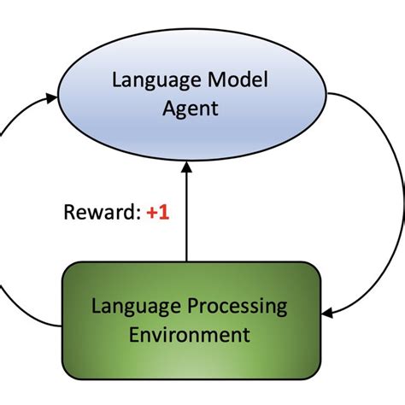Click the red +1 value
(x=157, y=213)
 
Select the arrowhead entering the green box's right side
(x=328, y=314)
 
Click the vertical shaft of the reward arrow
(x=186, y=222)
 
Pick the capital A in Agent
(x=164, y=109)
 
